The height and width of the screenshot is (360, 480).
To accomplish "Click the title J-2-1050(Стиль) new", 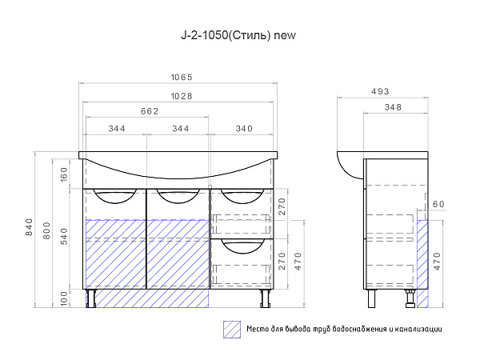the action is (x=238, y=35).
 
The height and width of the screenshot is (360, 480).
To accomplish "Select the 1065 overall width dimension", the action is (x=182, y=77).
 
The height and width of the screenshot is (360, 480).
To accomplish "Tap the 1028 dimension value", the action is (x=182, y=96).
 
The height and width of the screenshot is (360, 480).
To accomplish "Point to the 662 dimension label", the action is (x=150, y=111).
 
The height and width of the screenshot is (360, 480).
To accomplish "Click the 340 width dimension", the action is (x=244, y=129).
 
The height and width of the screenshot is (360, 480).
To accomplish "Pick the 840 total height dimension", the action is (x=29, y=227).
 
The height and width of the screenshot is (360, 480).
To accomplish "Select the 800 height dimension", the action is (x=46, y=231).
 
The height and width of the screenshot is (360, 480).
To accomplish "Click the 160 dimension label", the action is (x=64, y=174).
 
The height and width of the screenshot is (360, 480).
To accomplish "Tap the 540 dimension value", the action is (x=64, y=236).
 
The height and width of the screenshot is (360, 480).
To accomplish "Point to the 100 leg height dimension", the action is (x=64, y=298).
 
